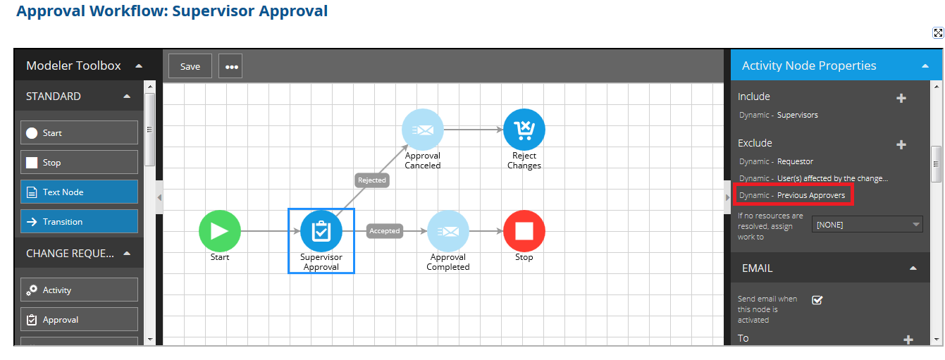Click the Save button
click(190, 66)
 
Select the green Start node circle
click(220, 231)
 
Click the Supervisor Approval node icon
click(321, 231)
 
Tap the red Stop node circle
click(524, 231)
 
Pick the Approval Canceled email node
click(423, 130)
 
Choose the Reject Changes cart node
click(524, 130)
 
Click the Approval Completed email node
click(448, 231)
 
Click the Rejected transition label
click(372, 180)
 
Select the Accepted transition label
click(385, 231)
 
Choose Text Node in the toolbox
click(79, 192)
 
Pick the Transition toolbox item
click(79, 222)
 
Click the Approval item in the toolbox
click(79, 320)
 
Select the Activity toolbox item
click(79, 290)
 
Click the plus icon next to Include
click(901, 99)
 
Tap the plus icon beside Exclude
click(901, 145)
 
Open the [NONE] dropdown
click(867, 225)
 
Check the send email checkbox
click(817, 300)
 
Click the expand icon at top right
click(938, 33)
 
